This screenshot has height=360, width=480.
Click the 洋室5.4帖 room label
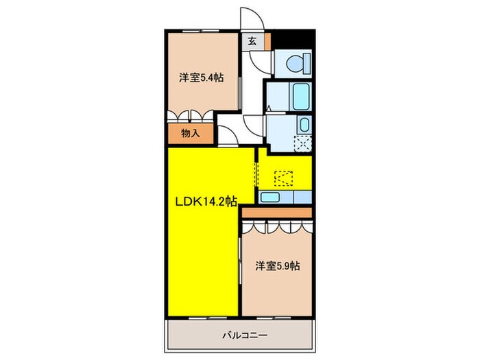tap(201, 77)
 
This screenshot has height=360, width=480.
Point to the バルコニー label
tap(240, 336)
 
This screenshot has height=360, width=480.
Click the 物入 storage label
tap(190, 133)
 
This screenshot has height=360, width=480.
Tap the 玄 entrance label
tap(252, 40)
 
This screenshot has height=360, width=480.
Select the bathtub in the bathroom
tap(300, 97)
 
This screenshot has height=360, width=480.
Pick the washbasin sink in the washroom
tap(304, 125)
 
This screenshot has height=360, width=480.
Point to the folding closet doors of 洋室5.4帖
tap(191, 116)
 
